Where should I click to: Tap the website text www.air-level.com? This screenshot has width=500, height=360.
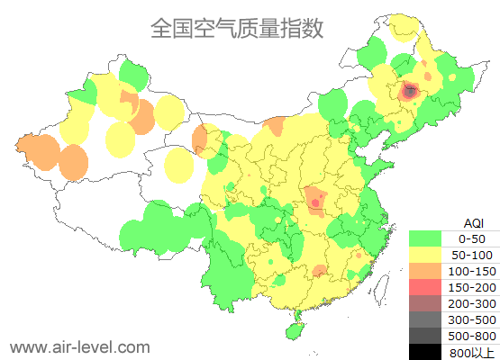pos(79,346)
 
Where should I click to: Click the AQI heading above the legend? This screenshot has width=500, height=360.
pos(473,222)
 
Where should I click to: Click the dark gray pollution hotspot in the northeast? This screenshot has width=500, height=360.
pos(410,91)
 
